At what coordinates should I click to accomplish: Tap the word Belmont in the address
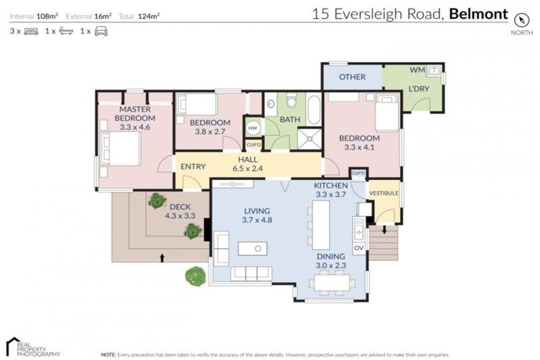(478, 13)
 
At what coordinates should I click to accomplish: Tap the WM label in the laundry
(416, 70)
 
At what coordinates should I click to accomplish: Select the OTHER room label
(352, 77)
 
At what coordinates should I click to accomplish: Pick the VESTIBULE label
(384, 193)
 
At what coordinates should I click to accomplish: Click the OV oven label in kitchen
(357, 247)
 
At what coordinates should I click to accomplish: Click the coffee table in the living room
(252, 248)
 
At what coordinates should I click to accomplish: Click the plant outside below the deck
(195, 276)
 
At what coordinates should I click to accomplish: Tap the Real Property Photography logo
(33, 346)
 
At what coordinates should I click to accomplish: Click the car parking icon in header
(101, 31)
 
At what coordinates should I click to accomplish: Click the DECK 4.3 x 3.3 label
(179, 211)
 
